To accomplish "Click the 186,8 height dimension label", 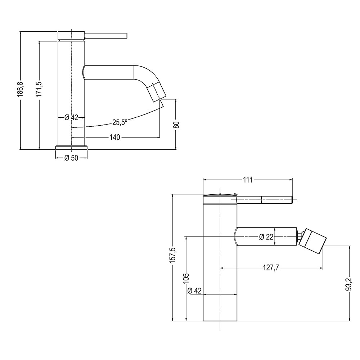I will [x=21, y=89].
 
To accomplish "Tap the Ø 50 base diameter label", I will [x=71, y=158].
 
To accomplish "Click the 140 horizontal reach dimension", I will [x=116, y=137].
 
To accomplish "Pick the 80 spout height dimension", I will [x=176, y=124].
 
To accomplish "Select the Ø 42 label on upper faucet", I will [x=71, y=117].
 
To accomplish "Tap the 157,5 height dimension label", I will [x=172, y=255].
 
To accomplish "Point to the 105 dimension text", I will [x=186, y=278].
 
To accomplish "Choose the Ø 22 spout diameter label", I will [x=266, y=237].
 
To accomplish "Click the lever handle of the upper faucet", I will [x=106, y=35].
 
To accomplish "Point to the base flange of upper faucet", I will [x=71, y=147].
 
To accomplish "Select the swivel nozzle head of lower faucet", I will [x=313, y=240].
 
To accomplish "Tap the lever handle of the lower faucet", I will [x=265, y=198].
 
